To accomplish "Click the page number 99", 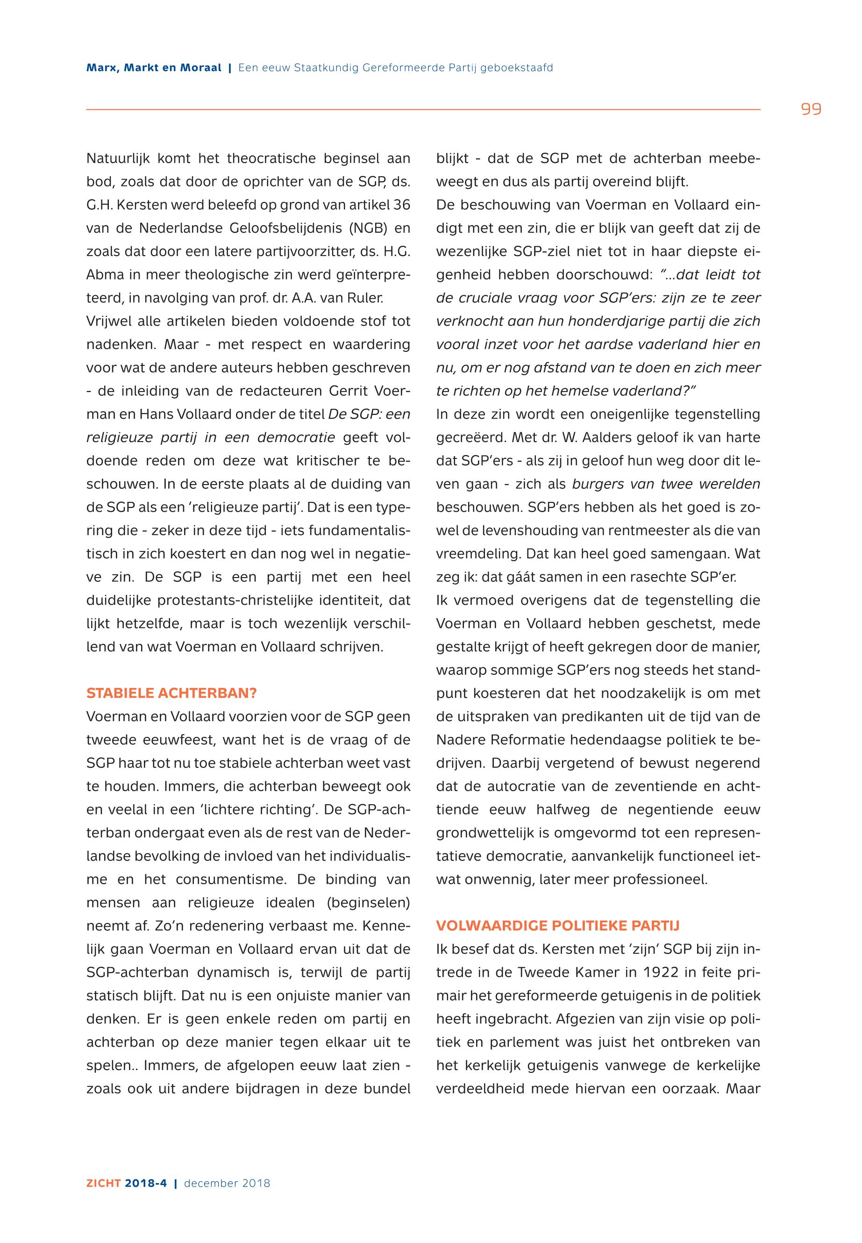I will coord(811,110).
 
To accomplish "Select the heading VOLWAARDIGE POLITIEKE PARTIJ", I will coord(557,926).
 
